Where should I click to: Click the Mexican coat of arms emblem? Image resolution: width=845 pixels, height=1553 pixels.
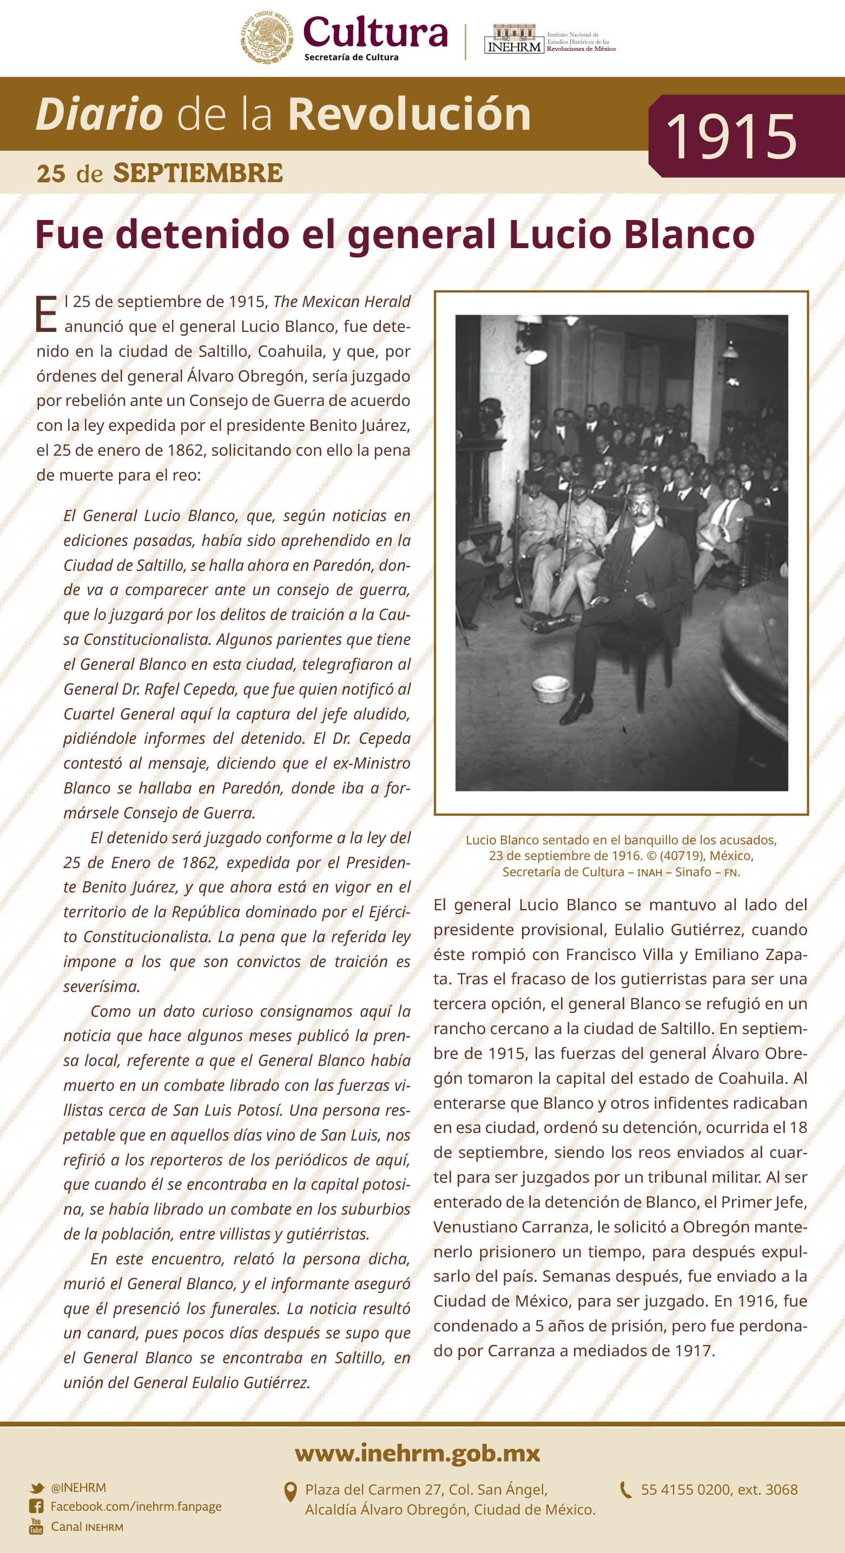pos(267,37)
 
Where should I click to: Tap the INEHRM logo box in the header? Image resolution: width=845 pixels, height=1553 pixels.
pos(514,40)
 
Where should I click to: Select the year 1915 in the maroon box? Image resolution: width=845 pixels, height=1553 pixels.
pos(731,137)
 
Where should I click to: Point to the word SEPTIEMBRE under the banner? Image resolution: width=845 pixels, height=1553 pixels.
pos(198,173)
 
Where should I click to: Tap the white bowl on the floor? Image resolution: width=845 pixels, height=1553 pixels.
pos(551,688)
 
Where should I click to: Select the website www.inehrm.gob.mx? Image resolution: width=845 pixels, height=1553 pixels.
pos(418,1453)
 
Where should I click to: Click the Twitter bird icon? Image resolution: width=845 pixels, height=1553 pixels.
pos(37,1488)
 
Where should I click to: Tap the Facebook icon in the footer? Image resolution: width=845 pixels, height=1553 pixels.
pos(36,1507)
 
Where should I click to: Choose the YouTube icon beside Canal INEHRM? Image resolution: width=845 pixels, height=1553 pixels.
pos(36,1527)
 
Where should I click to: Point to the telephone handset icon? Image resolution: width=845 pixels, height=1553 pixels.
pos(626,1490)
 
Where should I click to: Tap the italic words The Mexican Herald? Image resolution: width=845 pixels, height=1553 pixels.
pos(341,302)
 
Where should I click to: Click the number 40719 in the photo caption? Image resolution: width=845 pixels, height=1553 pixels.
pos(682,856)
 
